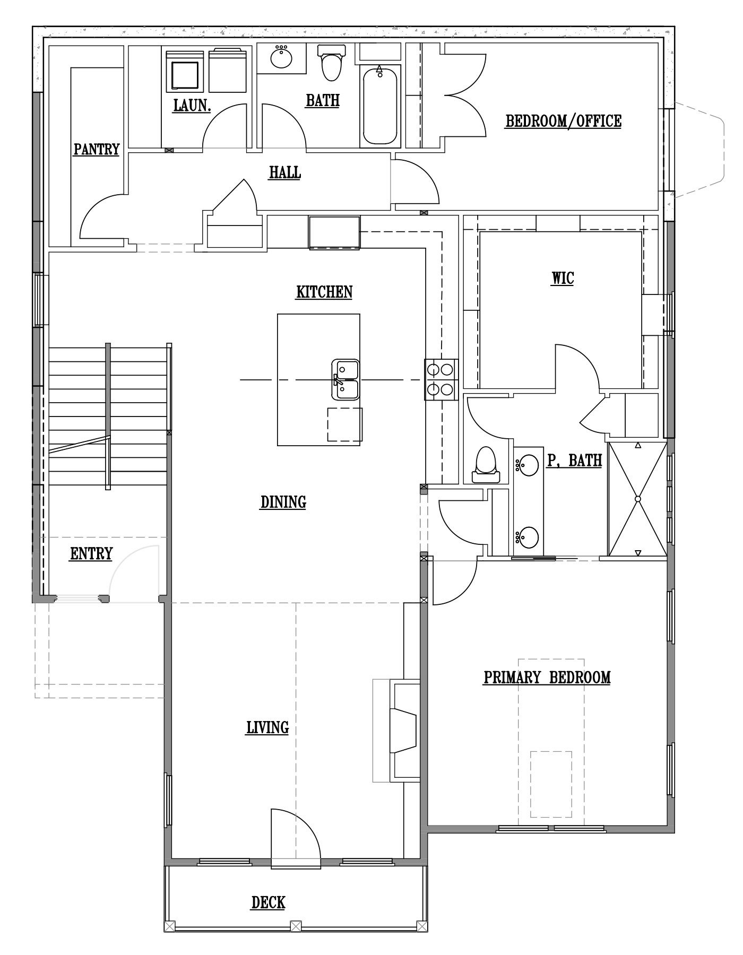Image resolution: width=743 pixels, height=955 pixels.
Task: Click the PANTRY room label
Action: coord(97,150)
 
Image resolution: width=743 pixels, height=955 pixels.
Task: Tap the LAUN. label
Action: coord(192,105)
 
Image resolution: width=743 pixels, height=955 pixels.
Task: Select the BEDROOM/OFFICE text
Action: coord(563,121)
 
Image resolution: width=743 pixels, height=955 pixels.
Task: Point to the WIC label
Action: coord(563,278)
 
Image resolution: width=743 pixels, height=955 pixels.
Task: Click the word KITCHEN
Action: coord(324,292)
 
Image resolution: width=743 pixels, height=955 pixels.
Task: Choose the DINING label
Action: coord(283,502)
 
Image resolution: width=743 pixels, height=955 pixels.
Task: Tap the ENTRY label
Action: coord(91,554)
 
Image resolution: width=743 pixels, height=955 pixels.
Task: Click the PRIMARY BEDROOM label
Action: coord(547,678)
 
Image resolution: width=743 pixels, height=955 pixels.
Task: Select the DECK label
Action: coord(269,902)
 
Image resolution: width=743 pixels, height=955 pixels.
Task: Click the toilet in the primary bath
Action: coord(486,465)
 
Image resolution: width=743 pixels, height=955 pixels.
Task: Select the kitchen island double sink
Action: coord(345,379)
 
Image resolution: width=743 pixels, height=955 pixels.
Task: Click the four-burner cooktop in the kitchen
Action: coord(441,379)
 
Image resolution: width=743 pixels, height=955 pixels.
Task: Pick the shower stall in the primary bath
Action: coord(637,499)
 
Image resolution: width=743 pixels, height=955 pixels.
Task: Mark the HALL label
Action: coord(285,172)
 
